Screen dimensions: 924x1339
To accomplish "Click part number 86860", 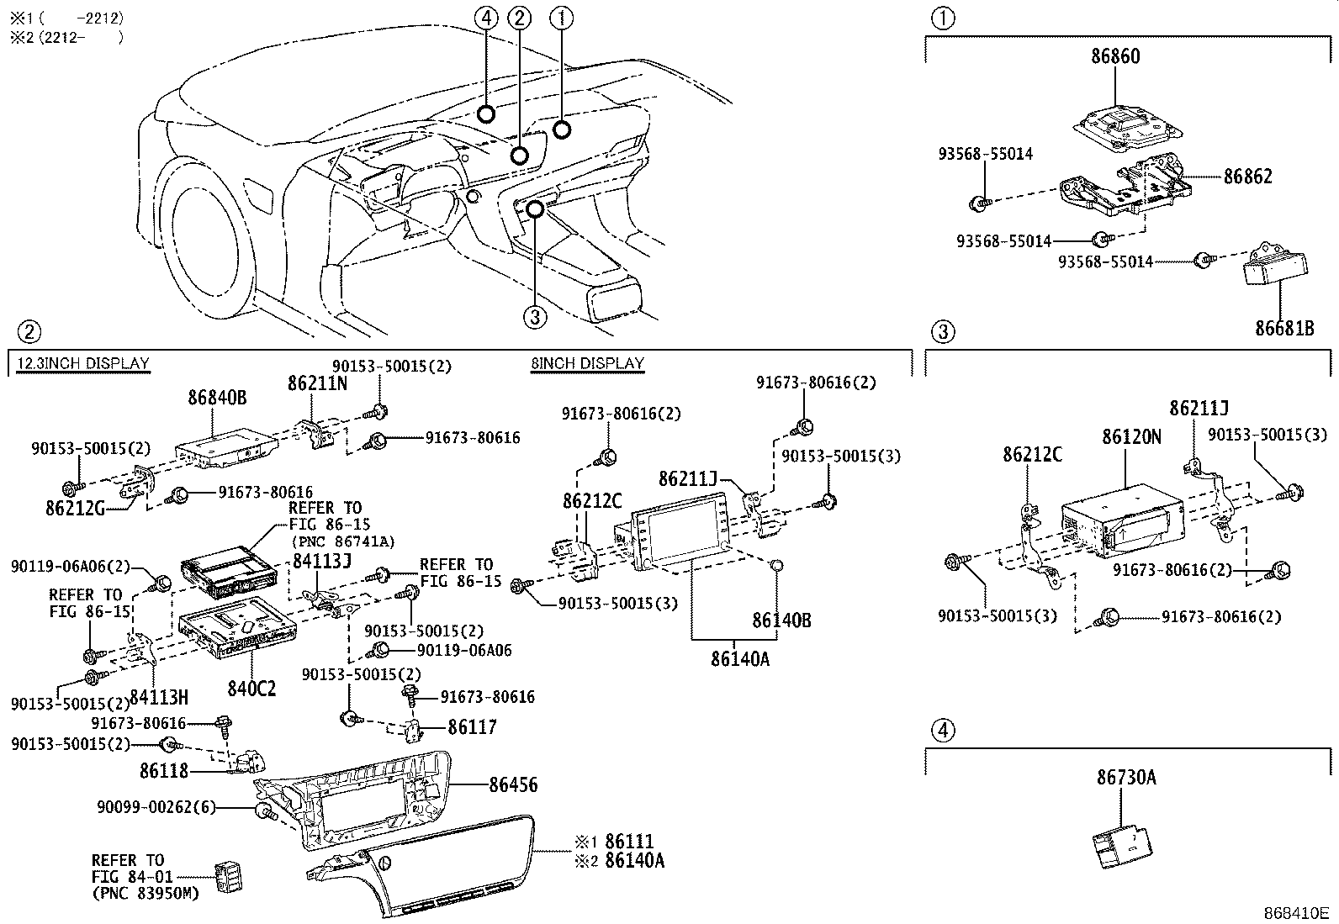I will coord(1115,57).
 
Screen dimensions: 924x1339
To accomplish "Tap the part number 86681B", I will coord(1284,328).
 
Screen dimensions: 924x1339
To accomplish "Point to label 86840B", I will coord(217,398).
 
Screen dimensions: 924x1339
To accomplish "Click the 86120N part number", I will coord(1131,437).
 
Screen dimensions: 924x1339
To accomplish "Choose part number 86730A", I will coord(1125,778).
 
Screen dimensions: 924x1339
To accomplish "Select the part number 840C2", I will coord(251,689).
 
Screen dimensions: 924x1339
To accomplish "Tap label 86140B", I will coord(781,620).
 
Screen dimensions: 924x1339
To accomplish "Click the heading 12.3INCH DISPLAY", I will coord(82,363).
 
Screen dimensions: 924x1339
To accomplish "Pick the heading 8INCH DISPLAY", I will coord(587,363).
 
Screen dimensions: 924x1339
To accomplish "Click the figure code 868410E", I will coord(1294,913).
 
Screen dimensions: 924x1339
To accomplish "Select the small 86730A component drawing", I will coord(1122,844).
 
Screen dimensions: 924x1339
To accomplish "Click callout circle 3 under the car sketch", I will coord(535,317).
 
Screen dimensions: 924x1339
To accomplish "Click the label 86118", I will coord(164,770).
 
